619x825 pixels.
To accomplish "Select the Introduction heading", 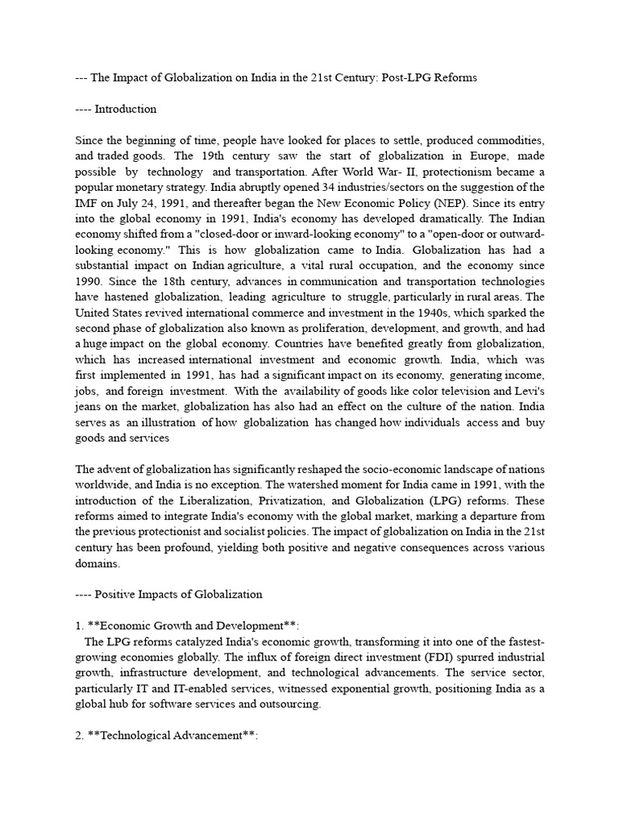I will [x=126, y=109].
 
